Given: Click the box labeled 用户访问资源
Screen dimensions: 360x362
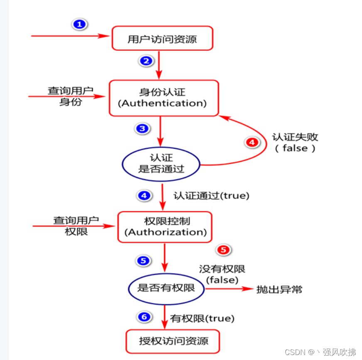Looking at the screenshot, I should (x=162, y=39).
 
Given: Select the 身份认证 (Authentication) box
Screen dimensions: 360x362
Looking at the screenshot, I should (x=163, y=98).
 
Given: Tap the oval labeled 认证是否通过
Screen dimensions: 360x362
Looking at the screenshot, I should (x=161, y=163).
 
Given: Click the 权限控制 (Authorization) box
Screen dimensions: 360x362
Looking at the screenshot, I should (x=165, y=227).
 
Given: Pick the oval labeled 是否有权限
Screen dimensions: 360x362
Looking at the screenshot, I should (x=166, y=288).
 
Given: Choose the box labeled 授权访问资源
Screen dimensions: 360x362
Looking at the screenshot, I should (x=172, y=341).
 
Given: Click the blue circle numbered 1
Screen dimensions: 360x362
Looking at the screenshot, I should (x=80, y=25).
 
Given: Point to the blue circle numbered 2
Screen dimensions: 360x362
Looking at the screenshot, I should (x=145, y=61).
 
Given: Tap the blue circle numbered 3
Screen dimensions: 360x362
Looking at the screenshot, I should (x=142, y=128).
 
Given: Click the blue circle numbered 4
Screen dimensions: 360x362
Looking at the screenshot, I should (x=145, y=195).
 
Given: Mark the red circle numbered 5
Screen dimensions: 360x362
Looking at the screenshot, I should (x=224, y=250).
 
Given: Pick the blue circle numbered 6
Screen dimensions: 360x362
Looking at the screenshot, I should (x=144, y=317).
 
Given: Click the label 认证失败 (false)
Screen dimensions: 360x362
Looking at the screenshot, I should (x=295, y=142).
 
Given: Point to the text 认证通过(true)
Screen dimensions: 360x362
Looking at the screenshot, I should (x=211, y=195).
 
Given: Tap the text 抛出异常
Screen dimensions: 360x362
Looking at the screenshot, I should (x=279, y=289).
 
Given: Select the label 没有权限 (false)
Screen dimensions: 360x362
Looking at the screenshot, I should (x=222, y=274).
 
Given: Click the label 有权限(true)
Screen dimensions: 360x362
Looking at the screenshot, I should (x=202, y=318).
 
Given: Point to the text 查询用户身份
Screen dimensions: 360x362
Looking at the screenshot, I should (x=70, y=96).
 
